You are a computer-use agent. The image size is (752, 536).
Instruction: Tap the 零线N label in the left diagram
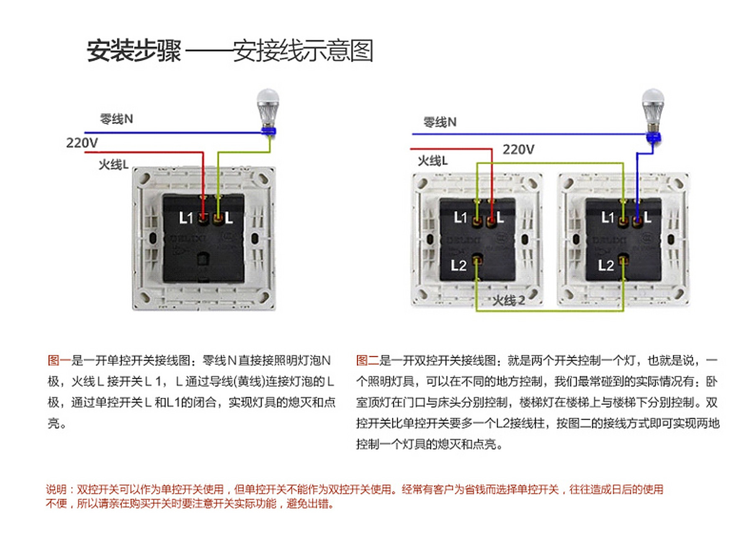pos(116,119)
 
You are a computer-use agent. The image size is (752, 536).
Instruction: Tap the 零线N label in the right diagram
pos(440,122)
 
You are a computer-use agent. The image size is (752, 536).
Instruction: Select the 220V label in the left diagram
pos(82,143)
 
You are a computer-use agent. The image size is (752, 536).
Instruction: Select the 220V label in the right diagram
pos(518,149)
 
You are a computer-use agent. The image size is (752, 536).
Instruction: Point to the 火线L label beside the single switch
pos(113,165)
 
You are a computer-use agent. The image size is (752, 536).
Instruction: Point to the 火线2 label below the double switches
pos(508,300)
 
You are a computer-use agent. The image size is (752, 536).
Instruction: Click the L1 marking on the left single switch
pos(185,218)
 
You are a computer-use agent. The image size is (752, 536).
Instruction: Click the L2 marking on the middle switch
pos(458,265)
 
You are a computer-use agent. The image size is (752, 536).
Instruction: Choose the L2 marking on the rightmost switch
pos(605,265)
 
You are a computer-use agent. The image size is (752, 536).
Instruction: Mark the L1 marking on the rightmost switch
pos(607,217)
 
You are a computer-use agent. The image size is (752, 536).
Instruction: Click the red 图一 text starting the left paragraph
pos(59,360)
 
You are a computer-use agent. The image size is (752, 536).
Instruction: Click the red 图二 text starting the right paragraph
pos(367,360)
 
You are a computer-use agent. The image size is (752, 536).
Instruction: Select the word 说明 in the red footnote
pos(56,489)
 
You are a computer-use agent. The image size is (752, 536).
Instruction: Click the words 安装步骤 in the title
pos(134,51)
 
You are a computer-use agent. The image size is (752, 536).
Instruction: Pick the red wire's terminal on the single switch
pos(203,218)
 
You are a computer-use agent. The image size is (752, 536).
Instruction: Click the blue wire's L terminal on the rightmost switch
pos(637,219)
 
